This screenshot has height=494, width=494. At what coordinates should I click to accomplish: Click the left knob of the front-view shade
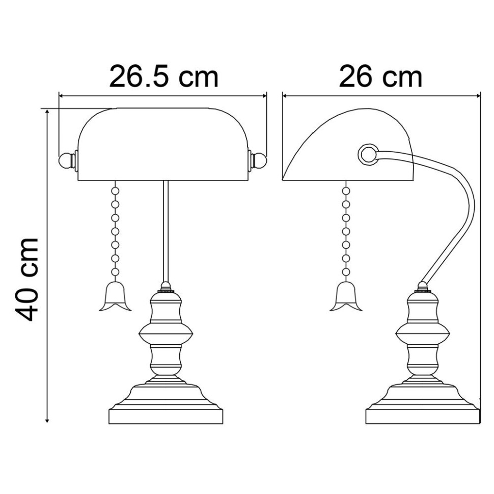tap(65, 160)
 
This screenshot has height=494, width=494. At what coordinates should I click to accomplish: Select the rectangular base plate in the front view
tap(166, 415)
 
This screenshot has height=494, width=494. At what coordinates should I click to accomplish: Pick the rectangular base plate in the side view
tap(423, 415)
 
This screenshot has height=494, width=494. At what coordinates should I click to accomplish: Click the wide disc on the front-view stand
tap(166, 335)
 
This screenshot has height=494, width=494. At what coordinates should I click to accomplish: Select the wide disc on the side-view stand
tap(423, 335)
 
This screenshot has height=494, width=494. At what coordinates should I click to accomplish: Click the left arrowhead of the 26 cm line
tap(285, 95)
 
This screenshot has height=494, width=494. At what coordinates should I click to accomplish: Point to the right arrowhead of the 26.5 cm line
tap(264, 95)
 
